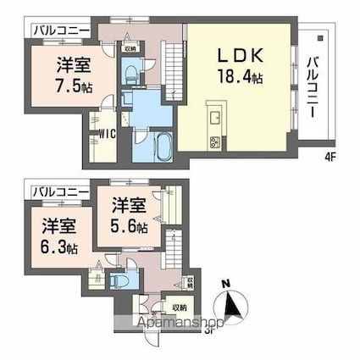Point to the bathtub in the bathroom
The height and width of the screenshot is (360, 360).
[163, 147]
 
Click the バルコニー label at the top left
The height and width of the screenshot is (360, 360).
[59, 31]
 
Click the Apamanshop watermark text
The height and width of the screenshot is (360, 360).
[179, 323]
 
